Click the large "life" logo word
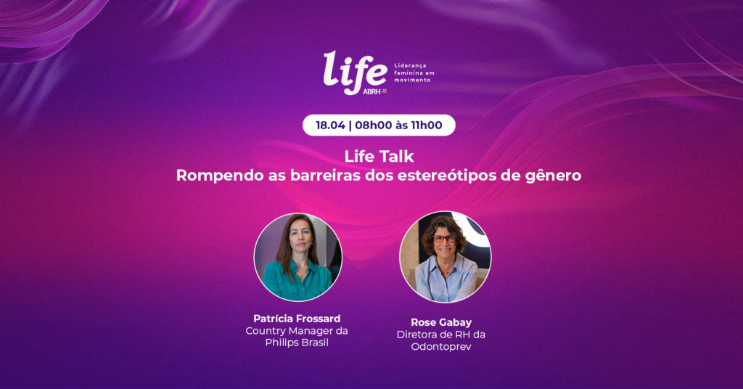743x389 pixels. tap(355, 71)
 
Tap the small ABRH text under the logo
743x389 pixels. tap(371, 91)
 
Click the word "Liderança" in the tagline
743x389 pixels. tap(411, 65)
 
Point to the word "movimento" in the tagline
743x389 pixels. tap(413, 80)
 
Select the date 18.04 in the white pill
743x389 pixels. tap(330, 125)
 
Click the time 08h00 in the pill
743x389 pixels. tap(374, 125)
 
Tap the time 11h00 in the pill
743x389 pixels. tap(427, 125)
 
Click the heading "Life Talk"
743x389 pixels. tap(379, 156)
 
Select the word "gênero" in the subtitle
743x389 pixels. tap(554, 176)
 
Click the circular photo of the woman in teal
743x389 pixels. tap(298, 258)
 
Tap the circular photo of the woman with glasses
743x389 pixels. tap(446, 257)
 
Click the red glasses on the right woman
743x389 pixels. tap(445, 239)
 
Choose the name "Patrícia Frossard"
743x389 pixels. tap(297, 319)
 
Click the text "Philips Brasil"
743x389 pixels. tap(297, 343)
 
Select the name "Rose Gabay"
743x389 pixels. tap(441, 323)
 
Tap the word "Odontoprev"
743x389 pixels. tap(441, 347)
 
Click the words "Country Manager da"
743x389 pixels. tap(297, 331)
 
